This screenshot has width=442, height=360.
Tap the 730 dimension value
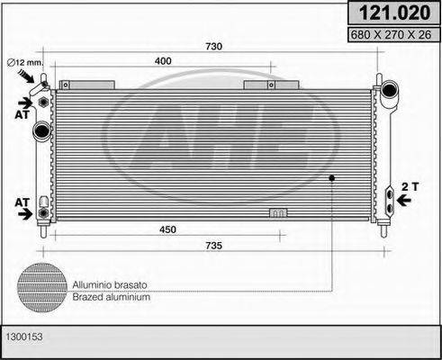pyautogui.click(x=214, y=47)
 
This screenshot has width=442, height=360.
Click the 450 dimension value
pyautogui.click(x=167, y=229)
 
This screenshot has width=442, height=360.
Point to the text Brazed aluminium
pyautogui.click(x=112, y=295)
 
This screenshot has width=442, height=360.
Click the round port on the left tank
pyautogui.click(x=40, y=132)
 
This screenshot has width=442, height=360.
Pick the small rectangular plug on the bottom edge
pyautogui.click(x=279, y=214)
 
